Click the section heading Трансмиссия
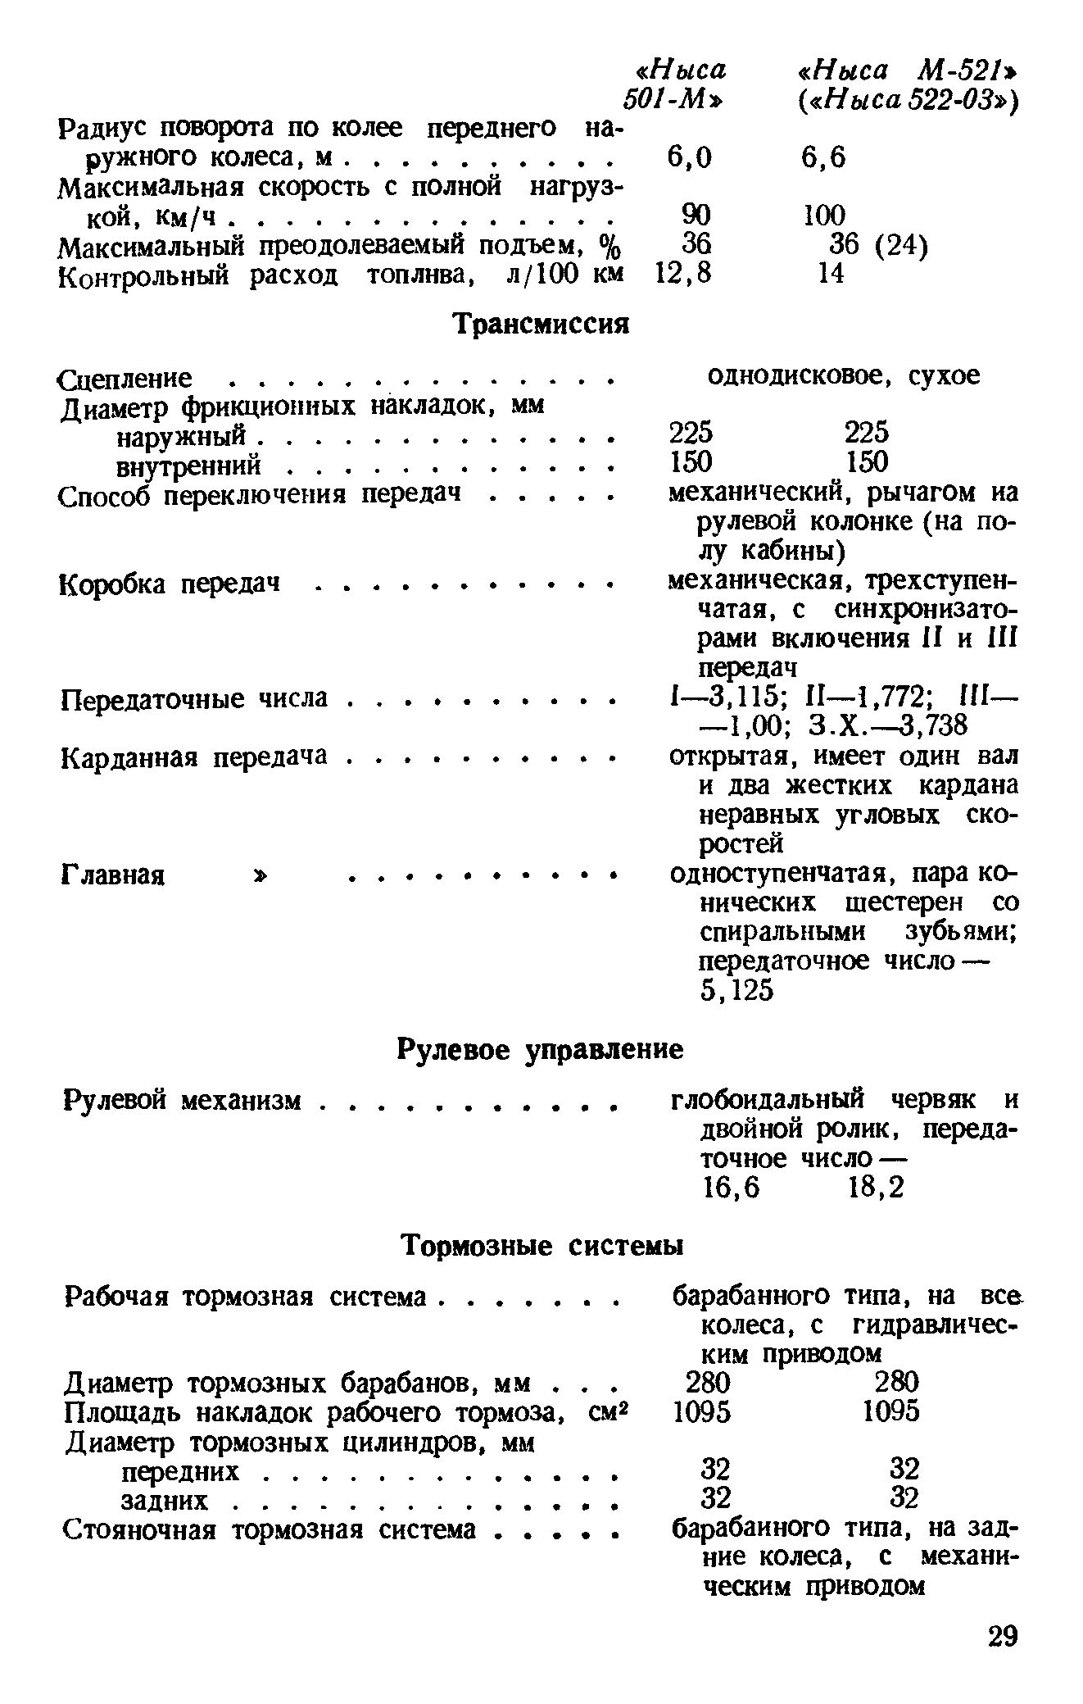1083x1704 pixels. (541, 325)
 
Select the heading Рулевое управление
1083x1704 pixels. (540, 1050)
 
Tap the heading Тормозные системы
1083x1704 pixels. (541, 1247)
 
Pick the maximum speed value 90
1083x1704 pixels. (696, 215)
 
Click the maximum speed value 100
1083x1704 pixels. (823, 215)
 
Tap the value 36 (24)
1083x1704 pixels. (878, 245)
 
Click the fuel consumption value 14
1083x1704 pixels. (831, 274)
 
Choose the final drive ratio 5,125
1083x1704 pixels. (737, 991)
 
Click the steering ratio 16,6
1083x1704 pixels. (732, 1188)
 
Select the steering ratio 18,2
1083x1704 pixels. (877, 1188)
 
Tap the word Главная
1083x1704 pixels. (113, 876)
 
